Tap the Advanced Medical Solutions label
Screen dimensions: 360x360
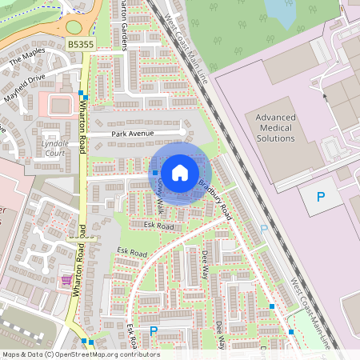click(x=275, y=128)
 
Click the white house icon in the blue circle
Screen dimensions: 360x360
click(x=180, y=173)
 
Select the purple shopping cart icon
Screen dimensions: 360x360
click(x=65, y=279)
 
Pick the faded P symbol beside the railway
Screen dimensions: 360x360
click(x=264, y=229)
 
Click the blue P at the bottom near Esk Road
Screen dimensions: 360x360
click(x=154, y=330)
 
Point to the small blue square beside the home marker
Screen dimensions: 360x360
click(x=155, y=173)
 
